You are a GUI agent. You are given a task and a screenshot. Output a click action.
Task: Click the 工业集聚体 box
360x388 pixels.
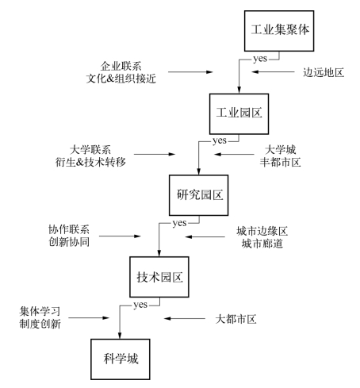click(x=279, y=31)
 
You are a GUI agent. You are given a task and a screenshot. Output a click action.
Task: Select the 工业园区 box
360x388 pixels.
click(x=239, y=113)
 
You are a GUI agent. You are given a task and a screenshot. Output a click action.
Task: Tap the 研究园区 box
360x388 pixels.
click(x=198, y=195)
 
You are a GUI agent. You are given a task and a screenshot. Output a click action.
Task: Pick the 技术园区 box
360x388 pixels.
click(x=159, y=277)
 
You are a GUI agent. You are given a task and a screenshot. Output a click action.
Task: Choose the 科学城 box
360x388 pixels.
click(x=121, y=359)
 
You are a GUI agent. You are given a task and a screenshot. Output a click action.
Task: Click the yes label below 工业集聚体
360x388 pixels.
click(x=260, y=59)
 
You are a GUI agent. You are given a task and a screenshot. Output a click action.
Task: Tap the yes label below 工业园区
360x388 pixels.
click(x=220, y=140)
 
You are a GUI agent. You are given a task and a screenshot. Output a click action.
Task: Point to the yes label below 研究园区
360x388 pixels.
click(x=180, y=223)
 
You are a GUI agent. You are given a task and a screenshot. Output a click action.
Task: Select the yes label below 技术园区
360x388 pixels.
click(x=140, y=305)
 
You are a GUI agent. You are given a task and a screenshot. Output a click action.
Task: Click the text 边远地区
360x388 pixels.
click(x=324, y=72)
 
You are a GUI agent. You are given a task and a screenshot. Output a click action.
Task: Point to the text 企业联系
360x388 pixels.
click(x=121, y=66)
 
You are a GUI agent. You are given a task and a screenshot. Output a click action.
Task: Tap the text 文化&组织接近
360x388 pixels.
click(x=121, y=79)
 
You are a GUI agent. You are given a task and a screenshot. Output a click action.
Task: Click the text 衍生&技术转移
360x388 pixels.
click(x=90, y=162)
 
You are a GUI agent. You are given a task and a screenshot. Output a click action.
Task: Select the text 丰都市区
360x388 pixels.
click(x=280, y=162)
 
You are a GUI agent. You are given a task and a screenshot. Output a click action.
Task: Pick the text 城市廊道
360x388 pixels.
click(x=262, y=244)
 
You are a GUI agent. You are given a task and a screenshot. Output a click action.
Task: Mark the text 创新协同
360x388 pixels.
click(x=69, y=242)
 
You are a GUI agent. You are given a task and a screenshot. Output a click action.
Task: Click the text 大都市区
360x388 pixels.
click(x=236, y=319)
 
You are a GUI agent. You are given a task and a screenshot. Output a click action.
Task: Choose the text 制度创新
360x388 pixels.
click(x=40, y=324)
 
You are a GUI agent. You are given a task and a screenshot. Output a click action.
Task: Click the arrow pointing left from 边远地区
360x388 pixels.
click(x=273, y=71)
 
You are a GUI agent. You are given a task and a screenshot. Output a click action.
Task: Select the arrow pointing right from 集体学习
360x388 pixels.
click(x=89, y=317)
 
